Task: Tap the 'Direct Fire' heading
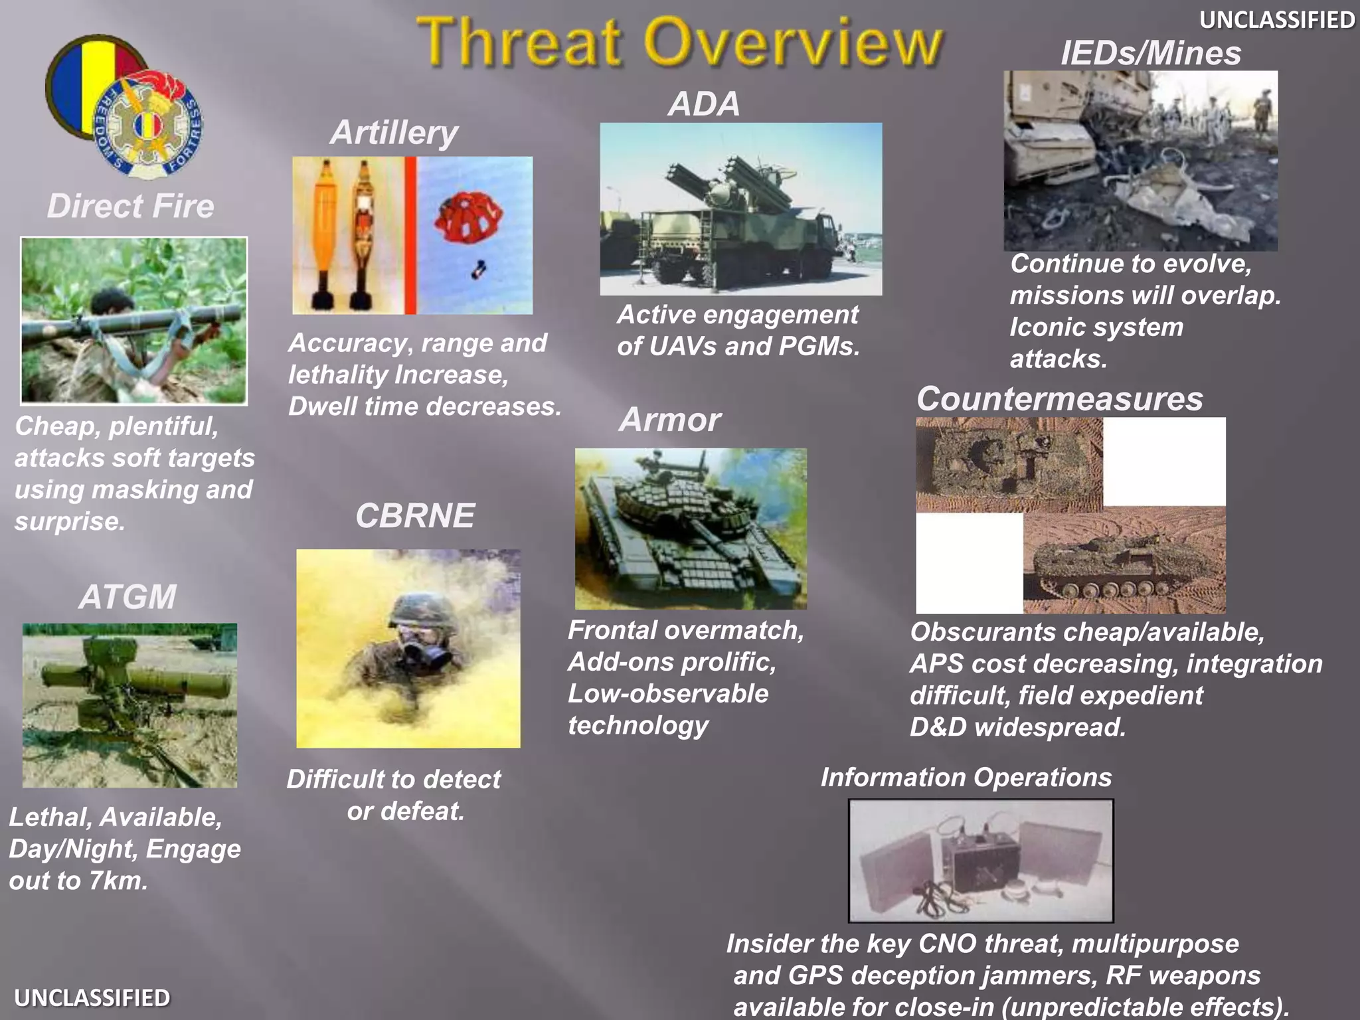point(131,206)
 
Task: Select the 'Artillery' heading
point(394,132)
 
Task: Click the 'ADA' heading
point(704,104)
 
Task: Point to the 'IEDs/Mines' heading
point(1150,53)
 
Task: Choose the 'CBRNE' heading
point(415,515)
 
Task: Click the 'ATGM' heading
point(127,596)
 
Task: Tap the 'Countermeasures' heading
point(1059,399)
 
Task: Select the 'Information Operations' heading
point(966,777)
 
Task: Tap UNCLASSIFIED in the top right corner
point(1276,20)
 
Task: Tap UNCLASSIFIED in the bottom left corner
point(92,997)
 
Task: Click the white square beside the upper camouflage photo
point(1163,462)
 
